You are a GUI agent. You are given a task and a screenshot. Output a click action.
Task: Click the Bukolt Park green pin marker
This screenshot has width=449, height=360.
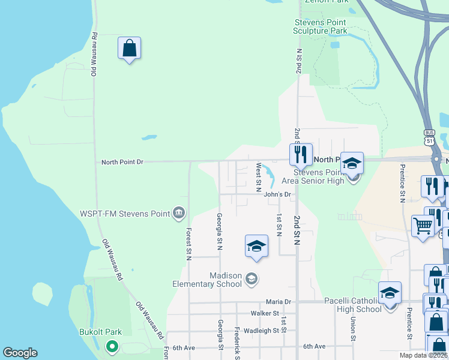[111, 346]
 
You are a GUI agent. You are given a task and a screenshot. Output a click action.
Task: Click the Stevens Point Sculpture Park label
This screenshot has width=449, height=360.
[321, 26]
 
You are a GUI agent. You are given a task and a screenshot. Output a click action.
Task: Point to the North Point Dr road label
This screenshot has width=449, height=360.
[122, 162]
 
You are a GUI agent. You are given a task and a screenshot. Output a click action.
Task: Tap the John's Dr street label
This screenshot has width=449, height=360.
[277, 194]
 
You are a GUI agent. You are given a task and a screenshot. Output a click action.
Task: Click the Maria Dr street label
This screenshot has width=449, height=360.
[279, 302]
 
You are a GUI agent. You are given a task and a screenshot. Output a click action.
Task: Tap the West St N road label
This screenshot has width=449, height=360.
[259, 174]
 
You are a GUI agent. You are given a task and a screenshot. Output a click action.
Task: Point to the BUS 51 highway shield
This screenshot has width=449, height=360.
[429, 138]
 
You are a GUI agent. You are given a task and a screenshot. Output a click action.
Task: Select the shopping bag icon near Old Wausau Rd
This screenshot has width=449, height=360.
[129, 48]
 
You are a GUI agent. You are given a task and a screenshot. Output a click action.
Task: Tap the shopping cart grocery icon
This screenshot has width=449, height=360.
[423, 226]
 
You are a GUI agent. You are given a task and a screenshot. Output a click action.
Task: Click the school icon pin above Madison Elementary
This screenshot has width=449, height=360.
[256, 246]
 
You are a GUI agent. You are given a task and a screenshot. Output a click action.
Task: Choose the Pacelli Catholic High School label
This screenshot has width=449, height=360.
[352, 305]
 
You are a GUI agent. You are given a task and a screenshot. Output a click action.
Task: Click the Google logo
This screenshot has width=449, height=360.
[20, 353]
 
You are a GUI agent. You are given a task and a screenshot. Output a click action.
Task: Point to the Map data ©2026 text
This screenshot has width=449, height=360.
[424, 355]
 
